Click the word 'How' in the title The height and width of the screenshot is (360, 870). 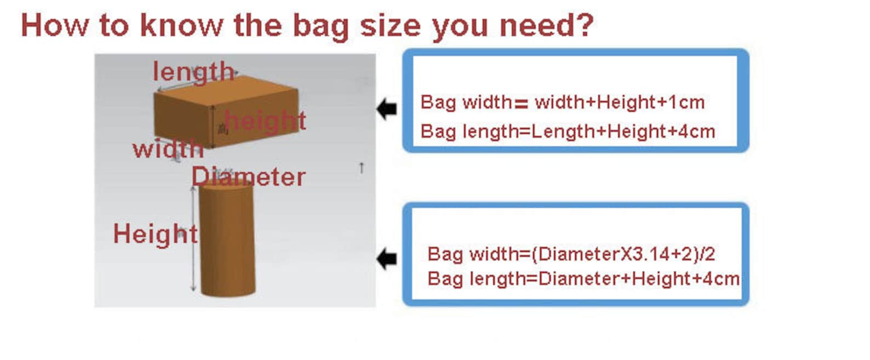pyautogui.click(x=55, y=25)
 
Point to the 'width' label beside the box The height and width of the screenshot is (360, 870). pyautogui.click(x=168, y=148)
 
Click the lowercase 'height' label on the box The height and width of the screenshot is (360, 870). pyautogui.click(x=265, y=121)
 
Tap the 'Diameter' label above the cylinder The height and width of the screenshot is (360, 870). pyautogui.click(x=249, y=176)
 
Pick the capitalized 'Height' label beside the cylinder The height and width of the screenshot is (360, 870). pyautogui.click(x=156, y=234)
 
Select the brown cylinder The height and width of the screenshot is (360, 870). pyautogui.click(x=227, y=239)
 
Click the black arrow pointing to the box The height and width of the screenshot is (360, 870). pyautogui.click(x=387, y=109)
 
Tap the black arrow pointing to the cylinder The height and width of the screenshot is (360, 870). pyautogui.click(x=387, y=259)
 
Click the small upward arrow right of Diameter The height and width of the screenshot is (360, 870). pyautogui.click(x=362, y=168)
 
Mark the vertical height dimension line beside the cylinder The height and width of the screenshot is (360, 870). pyautogui.click(x=193, y=239)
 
